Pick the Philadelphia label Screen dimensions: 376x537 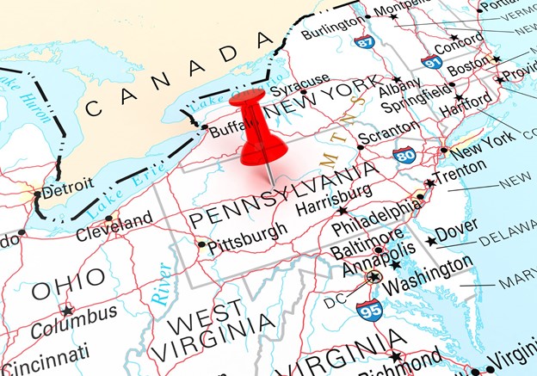[376, 218]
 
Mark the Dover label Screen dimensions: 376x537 [456, 235]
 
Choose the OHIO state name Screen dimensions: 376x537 [68, 285]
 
